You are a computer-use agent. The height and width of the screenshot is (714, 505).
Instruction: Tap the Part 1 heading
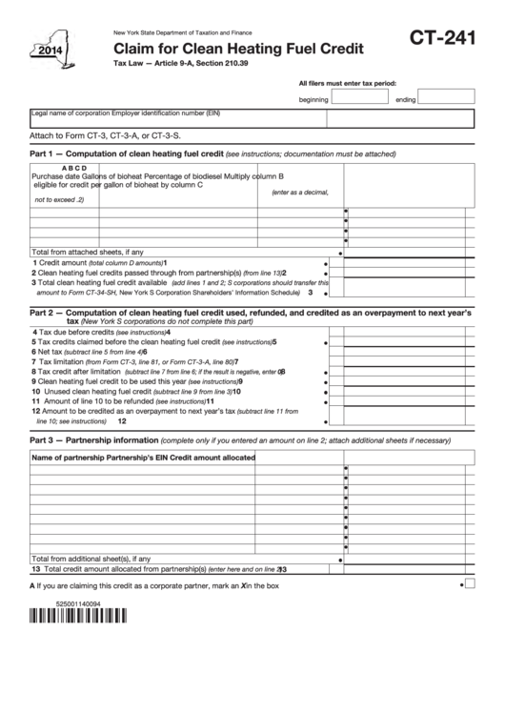coord(127,153)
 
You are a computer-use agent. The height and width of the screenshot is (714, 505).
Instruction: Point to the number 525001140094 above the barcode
coord(57,602)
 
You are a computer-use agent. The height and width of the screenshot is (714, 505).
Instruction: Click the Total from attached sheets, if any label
coord(88,252)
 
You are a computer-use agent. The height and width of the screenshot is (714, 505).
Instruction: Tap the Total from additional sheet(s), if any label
coord(91,559)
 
